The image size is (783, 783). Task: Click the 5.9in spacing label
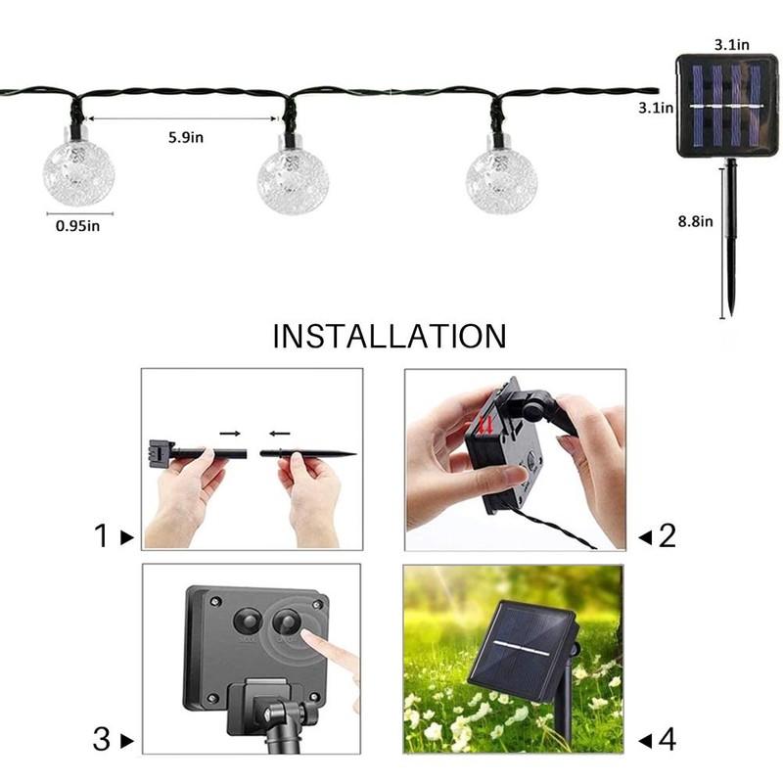pos(185,137)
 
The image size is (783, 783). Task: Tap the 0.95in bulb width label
pos(78,226)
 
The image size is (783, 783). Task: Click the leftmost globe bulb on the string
pos(78,173)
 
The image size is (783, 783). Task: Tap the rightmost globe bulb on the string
pos(501,179)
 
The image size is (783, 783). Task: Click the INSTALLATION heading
pos(390,337)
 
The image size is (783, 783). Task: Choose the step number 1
pos(101,536)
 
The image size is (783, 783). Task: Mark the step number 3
pos(101,740)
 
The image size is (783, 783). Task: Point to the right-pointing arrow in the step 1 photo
pos(228,432)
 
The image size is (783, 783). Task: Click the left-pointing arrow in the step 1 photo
pos(279,432)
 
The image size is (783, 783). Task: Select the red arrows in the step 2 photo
pos(483,424)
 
